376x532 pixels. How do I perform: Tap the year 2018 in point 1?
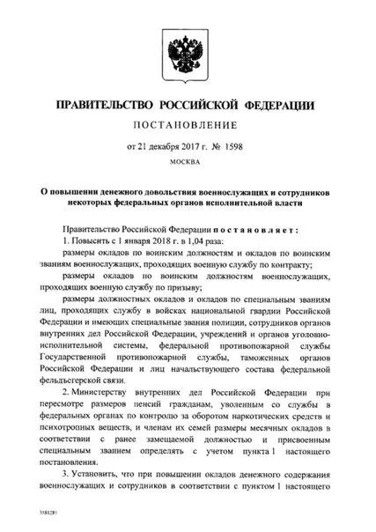point(141,240)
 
